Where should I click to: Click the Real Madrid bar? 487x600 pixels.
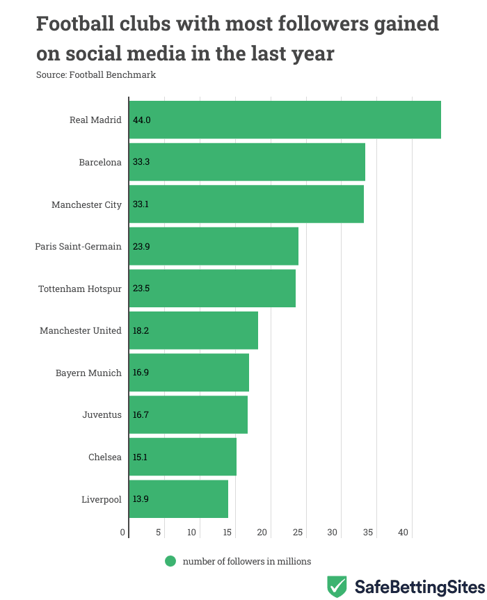pyautogui.click(x=285, y=120)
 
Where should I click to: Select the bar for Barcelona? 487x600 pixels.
pyautogui.click(x=248, y=162)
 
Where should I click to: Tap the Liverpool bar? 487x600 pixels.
pyautogui.click(x=179, y=499)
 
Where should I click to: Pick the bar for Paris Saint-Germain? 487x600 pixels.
pyautogui.click(x=214, y=246)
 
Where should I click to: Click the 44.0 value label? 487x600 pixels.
pyautogui.click(x=142, y=120)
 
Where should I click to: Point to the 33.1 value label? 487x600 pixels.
pyautogui.click(x=141, y=204)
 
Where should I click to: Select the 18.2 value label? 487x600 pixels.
pyautogui.click(x=141, y=330)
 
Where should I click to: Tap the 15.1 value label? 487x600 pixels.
pyautogui.click(x=141, y=457)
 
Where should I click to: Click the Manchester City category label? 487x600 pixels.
pyautogui.click(x=86, y=204)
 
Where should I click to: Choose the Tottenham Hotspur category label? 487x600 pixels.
pyautogui.click(x=80, y=289)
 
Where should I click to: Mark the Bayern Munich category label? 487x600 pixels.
pyautogui.click(x=88, y=373)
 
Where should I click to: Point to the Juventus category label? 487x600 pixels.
pyautogui.click(x=102, y=415)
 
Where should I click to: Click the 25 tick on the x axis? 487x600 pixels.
pyautogui.click(x=298, y=533)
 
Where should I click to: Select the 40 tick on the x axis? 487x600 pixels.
pyautogui.click(x=404, y=533)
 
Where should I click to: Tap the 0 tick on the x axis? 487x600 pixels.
pyautogui.click(x=123, y=533)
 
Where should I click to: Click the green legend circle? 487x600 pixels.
pyautogui.click(x=170, y=561)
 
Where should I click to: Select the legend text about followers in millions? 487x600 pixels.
pyautogui.click(x=247, y=561)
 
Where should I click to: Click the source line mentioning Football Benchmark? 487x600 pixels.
pyautogui.click(x=96, y=74)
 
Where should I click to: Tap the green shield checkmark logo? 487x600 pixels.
pyautogui.click(x=337, y=586)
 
